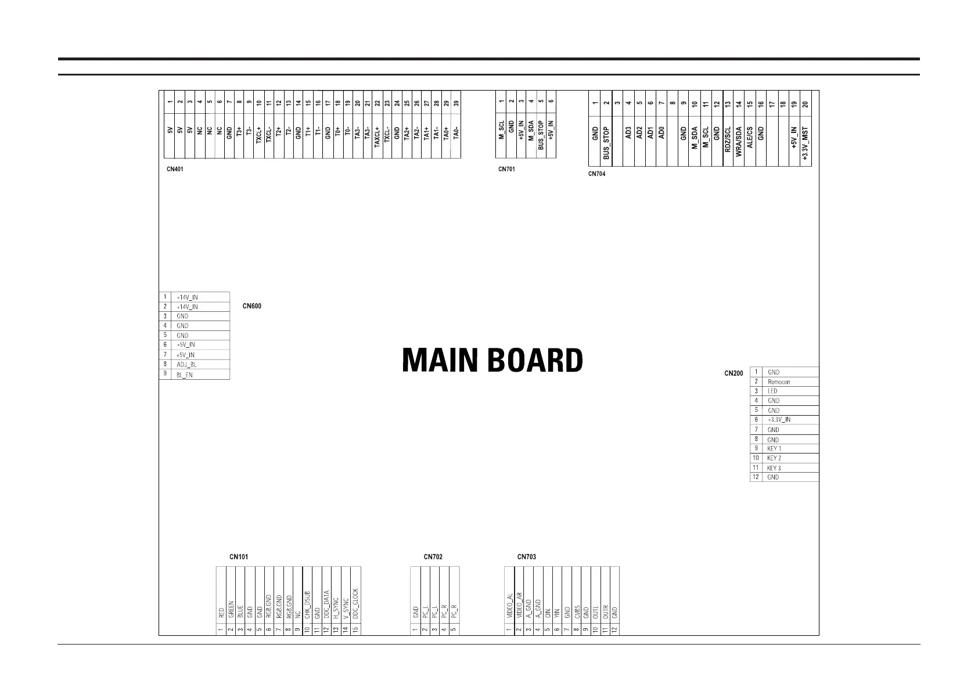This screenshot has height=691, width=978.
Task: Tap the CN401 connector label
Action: tap(175, 170)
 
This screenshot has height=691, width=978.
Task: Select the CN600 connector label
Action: tap(251, 306)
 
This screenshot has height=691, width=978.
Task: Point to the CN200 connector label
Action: tap(734, 373)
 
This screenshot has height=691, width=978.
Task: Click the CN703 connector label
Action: tap(526, 557)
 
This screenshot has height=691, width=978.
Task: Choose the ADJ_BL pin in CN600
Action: tap(186, 365)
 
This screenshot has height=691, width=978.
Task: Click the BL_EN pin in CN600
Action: tap(185, 375)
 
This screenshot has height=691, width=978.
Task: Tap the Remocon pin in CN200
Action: tap(778, 382)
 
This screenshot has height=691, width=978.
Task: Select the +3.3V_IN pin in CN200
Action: tap(779, 419)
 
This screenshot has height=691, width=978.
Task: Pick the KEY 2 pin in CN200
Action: tap(774, 458)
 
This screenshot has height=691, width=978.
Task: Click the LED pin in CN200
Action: tap(772, 391)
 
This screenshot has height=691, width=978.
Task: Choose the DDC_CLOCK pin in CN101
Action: tap(355, 604)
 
